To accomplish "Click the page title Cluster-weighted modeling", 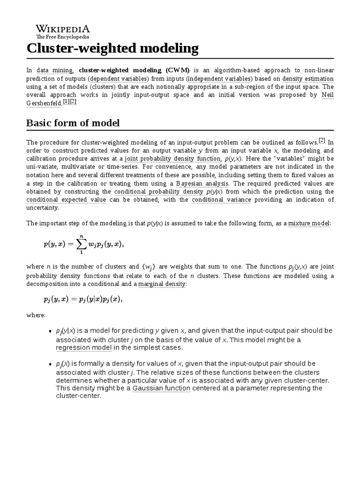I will pos(112,49).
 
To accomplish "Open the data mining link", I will pos(55,70).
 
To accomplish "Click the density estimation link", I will pos(308,79).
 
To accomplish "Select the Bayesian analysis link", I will pos(202,183).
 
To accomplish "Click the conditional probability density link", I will pos(158,192).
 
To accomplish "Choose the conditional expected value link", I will pos(66,200).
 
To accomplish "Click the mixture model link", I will pos(309,223).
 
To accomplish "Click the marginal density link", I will pos(162,284).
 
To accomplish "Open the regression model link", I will pos(84,347).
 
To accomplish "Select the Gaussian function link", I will pos(162,388).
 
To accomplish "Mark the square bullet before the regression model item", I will pos(50,331).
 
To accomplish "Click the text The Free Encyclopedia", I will pos(63,37).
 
